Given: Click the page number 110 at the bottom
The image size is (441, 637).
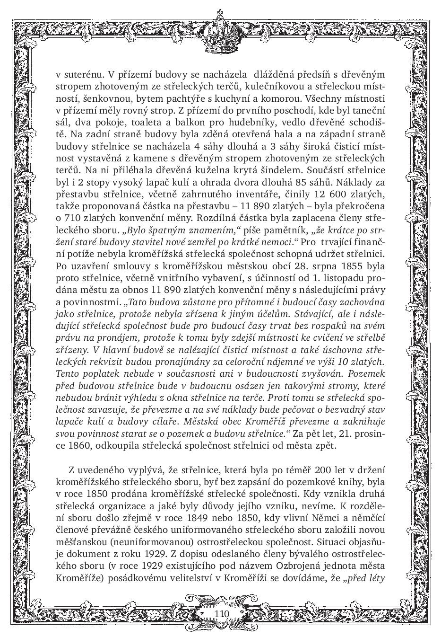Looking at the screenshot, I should tap(221, 613).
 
